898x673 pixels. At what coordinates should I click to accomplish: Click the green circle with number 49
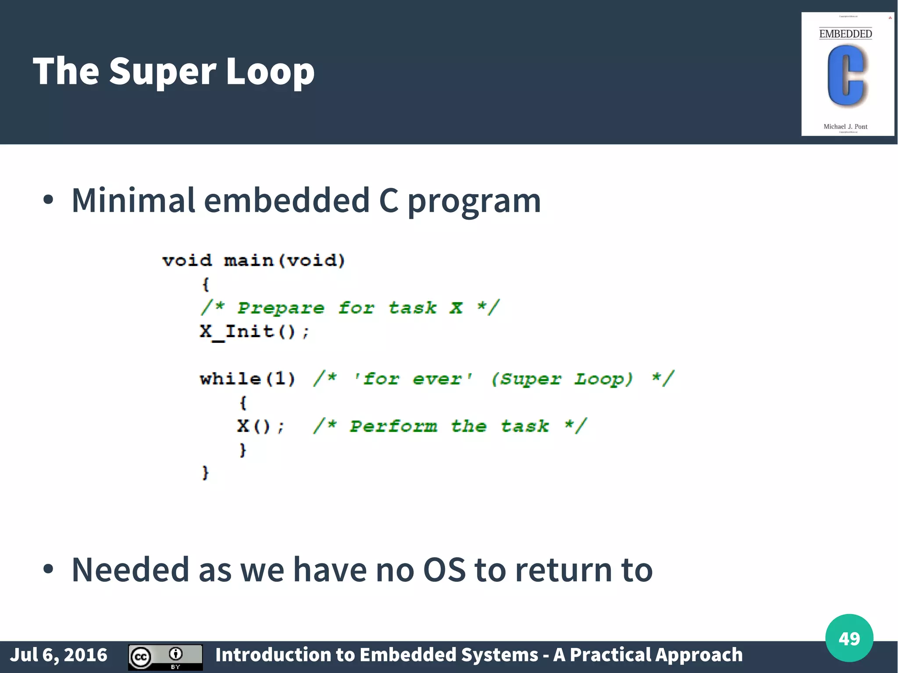pos(849,638)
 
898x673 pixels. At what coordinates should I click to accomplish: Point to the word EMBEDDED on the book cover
pos(845,34)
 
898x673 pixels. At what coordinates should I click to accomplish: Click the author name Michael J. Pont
pos(845,127)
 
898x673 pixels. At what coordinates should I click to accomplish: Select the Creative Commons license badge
pos(165,657)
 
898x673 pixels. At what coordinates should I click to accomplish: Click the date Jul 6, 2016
pos(59,655)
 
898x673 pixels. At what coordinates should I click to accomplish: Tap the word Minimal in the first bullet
pos(133,201)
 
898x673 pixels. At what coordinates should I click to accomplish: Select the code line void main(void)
pos(253,260)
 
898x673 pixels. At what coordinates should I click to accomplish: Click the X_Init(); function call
pos(254,331)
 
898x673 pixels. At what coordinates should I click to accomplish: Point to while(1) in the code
pos(248,378)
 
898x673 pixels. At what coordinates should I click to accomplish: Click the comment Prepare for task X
pos(350,308)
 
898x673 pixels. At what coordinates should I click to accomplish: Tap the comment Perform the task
pos(449,426)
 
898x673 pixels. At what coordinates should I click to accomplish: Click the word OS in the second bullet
pos(444,570)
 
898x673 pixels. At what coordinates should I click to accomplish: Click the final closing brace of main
pos(205,473)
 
